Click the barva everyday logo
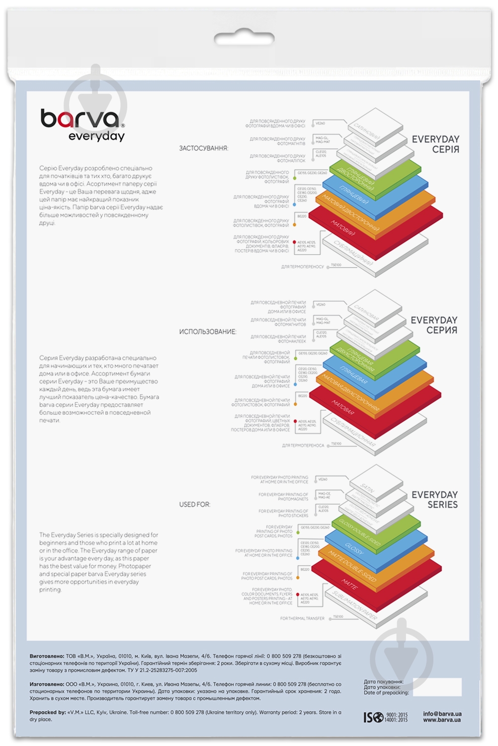click(83, 125)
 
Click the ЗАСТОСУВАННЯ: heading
click(204, 148)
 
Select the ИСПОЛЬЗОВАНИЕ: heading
click(208, 332)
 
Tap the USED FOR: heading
click(195, 505)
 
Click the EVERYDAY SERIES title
click(434, 500)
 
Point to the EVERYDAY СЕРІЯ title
click(435, 144)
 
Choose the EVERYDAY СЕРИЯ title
click(434, 325)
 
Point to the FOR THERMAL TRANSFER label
click(302, 619)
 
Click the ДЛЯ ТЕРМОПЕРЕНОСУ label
click(302, 267)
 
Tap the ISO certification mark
click(385, 717)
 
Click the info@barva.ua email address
click(442, 714)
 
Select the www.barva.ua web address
click(442, 720)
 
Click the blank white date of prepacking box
click(437, 687)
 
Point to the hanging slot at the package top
click(244, 38)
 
